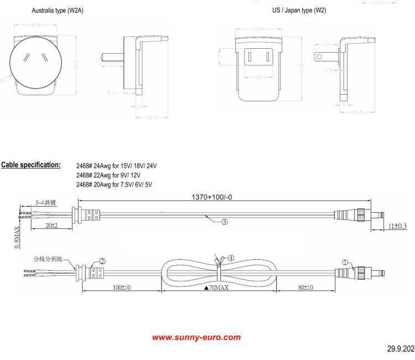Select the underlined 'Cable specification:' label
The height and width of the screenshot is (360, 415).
tap(32, 165)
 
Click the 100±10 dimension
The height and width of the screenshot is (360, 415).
tap(118, 288)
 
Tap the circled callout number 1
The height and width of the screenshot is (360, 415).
tap(346, 263)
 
